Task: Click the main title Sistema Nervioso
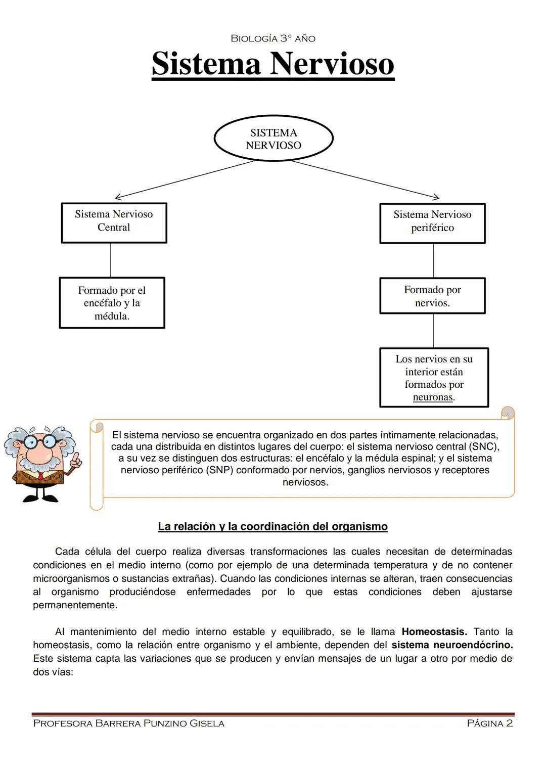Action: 272,64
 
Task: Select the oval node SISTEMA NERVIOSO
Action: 274,139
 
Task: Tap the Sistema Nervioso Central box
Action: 114,222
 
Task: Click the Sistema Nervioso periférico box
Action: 432,223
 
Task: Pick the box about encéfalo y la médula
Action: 112,303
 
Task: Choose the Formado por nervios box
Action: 432,296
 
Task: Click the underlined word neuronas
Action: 432,397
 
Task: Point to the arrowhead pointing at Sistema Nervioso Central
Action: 117,197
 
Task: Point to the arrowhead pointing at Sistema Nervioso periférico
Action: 437,197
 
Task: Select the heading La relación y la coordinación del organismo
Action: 272,526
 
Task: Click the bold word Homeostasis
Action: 434,631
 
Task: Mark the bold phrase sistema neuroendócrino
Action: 452,645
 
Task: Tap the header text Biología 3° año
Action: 273,38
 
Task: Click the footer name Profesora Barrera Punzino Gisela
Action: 128,723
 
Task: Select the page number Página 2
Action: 489,723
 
